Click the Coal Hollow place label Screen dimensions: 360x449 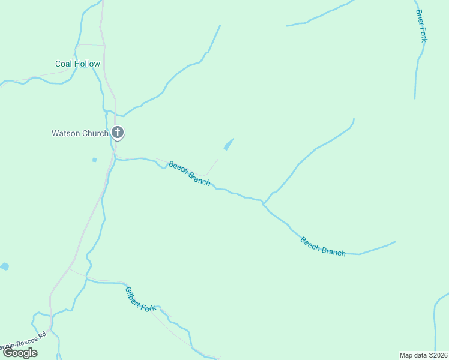tap(77, 64)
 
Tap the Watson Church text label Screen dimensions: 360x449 tap(80, 133)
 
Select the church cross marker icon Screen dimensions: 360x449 tap(118, 132)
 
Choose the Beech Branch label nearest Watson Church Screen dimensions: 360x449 tap(189, 173)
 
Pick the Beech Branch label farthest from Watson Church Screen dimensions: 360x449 tap(323, 247)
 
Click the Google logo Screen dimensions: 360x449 tap(20, 353)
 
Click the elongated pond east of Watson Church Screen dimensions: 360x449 tap(228, 145)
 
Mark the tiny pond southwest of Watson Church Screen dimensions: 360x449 tap(94, 160)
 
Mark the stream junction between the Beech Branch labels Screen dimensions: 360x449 tap(263, 203)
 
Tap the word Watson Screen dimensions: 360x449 tap(65, 133)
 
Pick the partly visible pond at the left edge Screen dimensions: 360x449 tap(4, 266)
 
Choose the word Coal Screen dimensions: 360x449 tap(64, 64)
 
